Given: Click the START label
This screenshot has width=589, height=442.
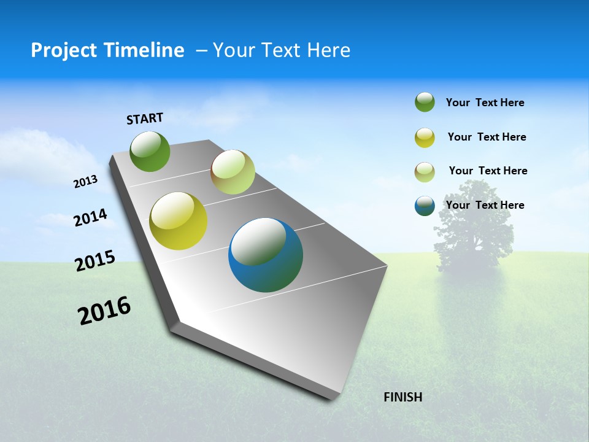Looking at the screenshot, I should click(145, 118).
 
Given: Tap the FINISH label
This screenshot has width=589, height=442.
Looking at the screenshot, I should click(402, 397).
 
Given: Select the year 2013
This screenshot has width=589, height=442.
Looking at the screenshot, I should click(86, 182).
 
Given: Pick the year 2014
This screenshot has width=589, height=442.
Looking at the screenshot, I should click(91, 217).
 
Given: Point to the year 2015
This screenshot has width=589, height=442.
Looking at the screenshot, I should click(95, 261).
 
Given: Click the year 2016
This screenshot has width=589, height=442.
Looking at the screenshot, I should click(104, 311).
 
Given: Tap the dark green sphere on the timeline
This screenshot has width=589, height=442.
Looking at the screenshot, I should click(150, 151).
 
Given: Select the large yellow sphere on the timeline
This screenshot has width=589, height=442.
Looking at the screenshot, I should click(179, 221).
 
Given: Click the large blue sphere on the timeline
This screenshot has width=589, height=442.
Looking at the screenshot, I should click(266, 255).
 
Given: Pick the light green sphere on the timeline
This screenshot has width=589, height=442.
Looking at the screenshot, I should click(233, 172).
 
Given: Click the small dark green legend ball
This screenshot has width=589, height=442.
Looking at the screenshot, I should click(425, 103).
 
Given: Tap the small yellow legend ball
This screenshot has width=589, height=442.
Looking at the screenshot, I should click(425, 138).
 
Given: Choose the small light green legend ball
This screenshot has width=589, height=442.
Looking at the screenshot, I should click(425, 171).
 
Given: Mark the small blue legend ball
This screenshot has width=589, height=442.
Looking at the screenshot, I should click(425, 206).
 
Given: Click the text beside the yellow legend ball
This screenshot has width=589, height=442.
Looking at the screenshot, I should click(487, 137).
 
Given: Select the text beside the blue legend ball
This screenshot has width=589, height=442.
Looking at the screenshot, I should click(485, 205).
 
